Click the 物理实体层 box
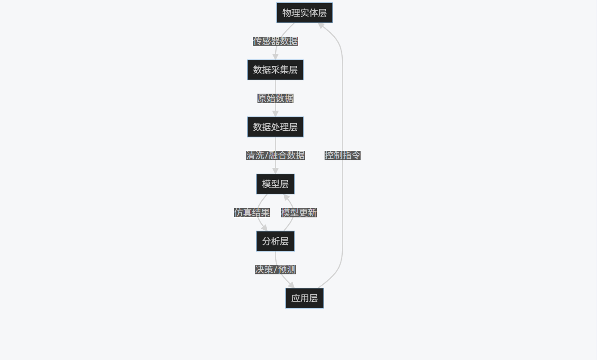coord(304,13)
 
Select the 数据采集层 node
coord(275,70)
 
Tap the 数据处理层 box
coord(275,127)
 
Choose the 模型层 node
coord(275,184)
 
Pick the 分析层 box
coord(275,241)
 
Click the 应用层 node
coord(304,298)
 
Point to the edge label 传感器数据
coord(275,41)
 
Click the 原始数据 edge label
coord(275,99)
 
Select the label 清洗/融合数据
coord(275,155)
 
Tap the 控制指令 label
coord(342,155)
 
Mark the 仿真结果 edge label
coord(252,213)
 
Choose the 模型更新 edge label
coord(298,213)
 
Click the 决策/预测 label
coord(275,270)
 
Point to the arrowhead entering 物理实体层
coord(321,25)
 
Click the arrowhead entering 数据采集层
coord(275,57)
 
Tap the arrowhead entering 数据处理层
coord(275,114)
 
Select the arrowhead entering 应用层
coord(291,285)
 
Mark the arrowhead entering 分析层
coord(264,228)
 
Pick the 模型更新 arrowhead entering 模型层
coord(286,197)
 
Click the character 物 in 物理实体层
coord(287,13)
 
